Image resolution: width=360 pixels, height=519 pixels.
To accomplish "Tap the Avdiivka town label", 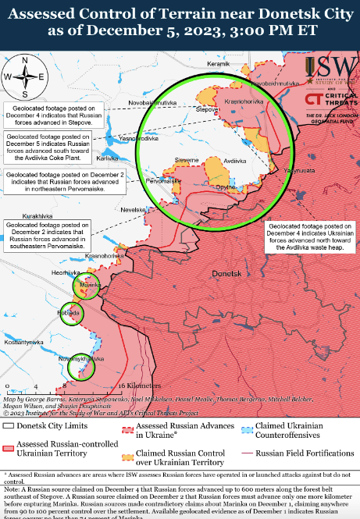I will [236, 160].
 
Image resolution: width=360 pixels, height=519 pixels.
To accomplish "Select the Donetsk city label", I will [226, 274].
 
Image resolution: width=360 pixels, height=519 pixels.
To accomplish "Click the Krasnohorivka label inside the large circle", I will [242, 101].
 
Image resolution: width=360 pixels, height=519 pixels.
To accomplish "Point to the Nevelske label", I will [133, 209].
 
